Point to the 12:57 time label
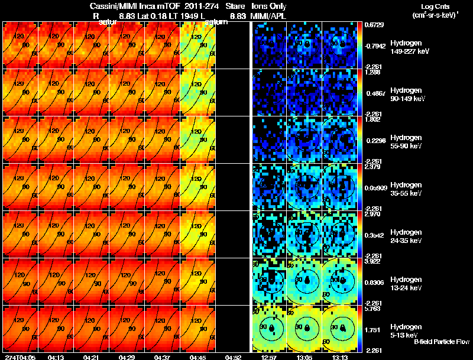[270, 357]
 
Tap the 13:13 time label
[341, 357]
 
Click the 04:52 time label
[234, 357]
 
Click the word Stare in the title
[235, 5]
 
